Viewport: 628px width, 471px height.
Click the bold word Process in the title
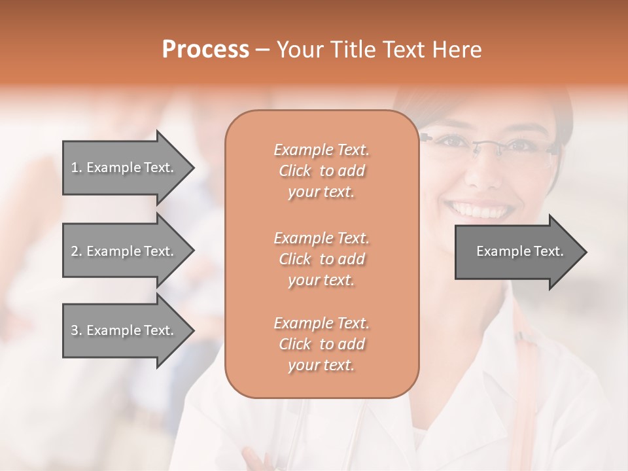pos(205,50)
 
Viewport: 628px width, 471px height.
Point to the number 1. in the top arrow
pos(77,167)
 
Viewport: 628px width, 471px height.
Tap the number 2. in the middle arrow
pos(77,251)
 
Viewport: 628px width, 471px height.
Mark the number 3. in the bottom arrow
pos(77,330)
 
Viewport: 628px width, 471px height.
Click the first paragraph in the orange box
pos(321,171)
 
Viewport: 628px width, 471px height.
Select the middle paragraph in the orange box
pos(321,259)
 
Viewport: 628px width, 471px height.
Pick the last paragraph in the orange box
pos(321,344)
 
